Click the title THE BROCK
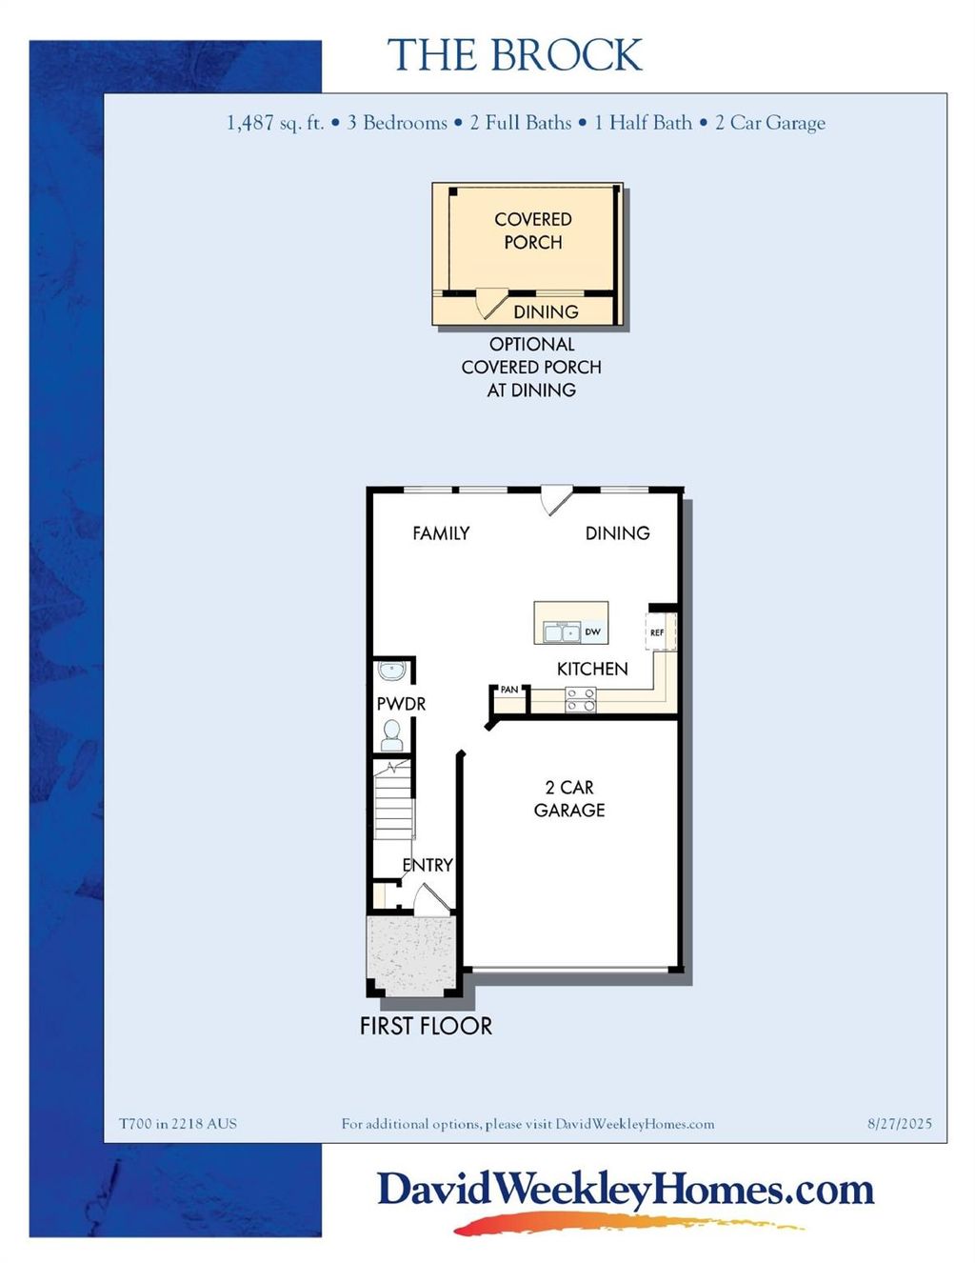tap(514, 56)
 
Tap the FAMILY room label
tap(441, 533)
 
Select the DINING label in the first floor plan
tap(617, 533)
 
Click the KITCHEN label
tap(592, 669)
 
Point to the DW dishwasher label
tap(592, 631)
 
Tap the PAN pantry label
tap(509, 690)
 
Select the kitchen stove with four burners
tap(580, 700)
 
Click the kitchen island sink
tap(562, 631)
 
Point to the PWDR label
tap(401, 704)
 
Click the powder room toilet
tap(391, 734)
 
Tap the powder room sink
tap(392, 671)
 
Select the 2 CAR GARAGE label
tap(569, 798)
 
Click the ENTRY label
tap(427, 865)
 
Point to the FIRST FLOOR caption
tap(426, 1026)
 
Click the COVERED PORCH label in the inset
tap(532, 231)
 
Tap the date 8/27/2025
tap(900, 1124)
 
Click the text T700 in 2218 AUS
tap(177, 1124)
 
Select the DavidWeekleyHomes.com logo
tap(625, 1191)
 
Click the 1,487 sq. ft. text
tap(275, 123)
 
